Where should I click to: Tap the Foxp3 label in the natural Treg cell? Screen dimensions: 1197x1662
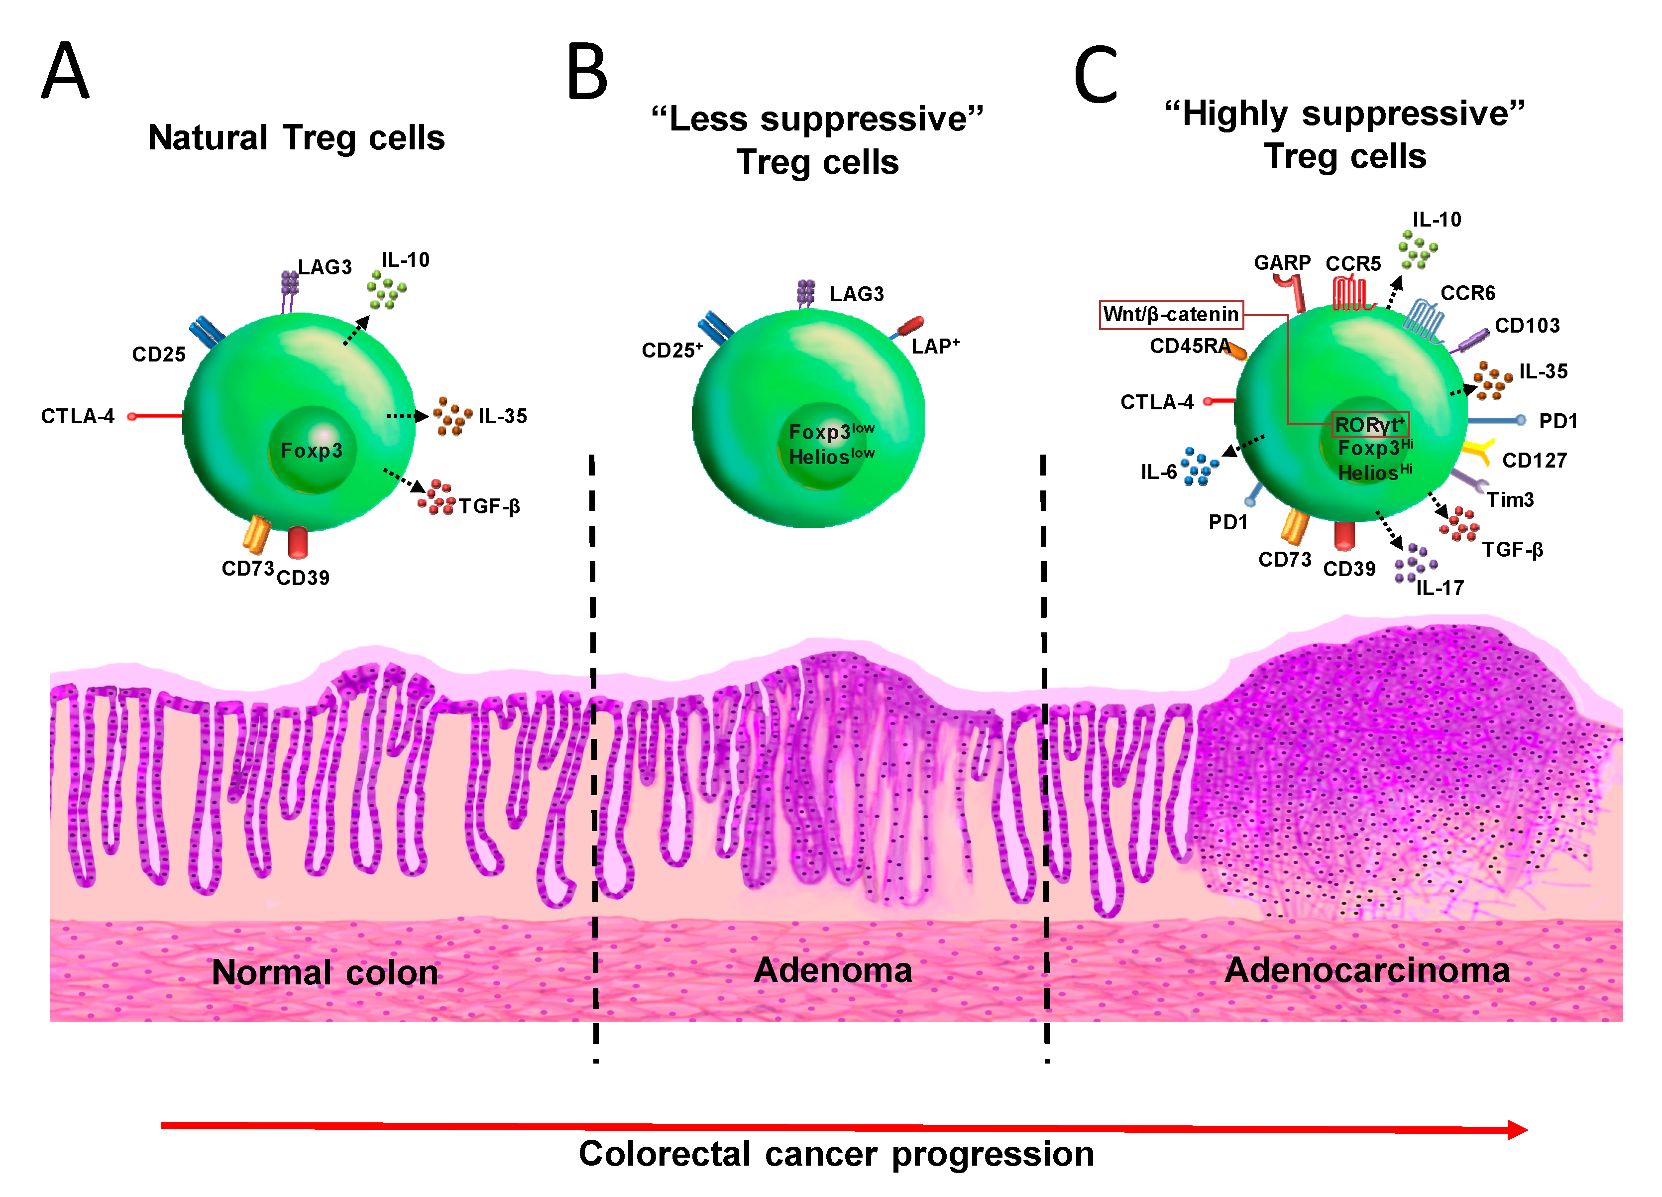312,450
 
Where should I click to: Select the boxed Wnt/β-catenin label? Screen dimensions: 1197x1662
1170,315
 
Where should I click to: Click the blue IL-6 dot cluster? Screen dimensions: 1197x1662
1199,466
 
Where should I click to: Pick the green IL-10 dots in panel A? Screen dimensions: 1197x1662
386,289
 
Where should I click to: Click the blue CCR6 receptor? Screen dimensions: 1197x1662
1425,320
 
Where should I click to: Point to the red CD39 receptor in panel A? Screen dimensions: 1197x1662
298,542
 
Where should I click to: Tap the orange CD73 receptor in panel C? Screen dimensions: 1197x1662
1295,526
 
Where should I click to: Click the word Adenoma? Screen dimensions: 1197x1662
833,970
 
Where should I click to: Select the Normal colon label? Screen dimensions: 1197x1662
325,973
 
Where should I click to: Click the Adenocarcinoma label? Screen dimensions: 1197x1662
1367,970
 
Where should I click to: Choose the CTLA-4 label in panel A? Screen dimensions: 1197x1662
78,416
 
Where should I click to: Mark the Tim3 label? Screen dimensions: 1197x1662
1510,500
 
